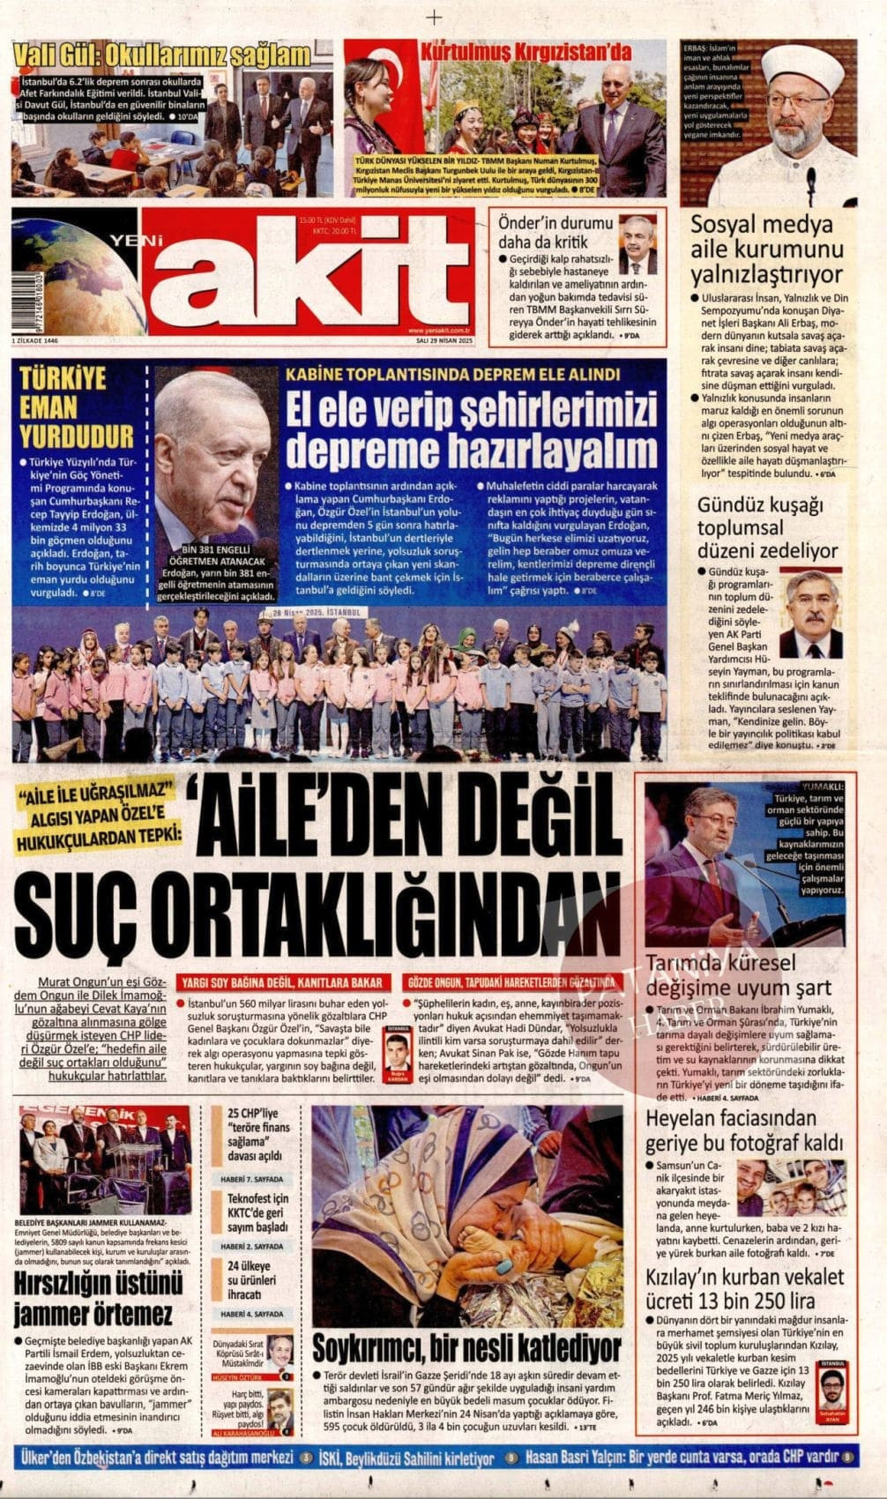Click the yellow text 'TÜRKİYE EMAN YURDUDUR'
(x=77, y=406)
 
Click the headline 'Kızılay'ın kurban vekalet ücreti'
(x=745, y=1288)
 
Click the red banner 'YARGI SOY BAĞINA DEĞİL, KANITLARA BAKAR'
(x=282, y=982)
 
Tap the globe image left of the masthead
(x=69, y=273)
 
